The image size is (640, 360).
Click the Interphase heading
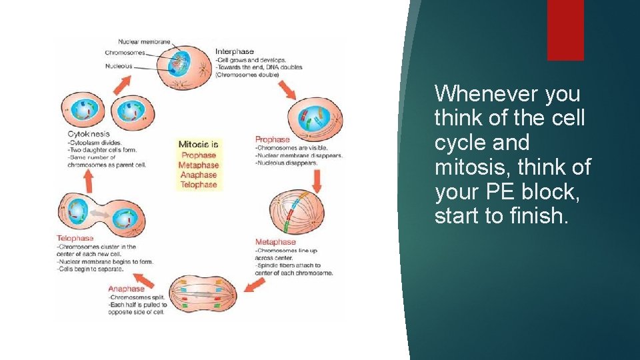coord(235,51)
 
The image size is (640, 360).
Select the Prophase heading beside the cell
coord(272,139)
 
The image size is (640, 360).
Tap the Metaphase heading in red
coord(275,242)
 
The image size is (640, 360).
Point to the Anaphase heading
coord(126,289)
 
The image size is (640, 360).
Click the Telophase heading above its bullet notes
coord(75,238)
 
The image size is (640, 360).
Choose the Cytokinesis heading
coord(89,134)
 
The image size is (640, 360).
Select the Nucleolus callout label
coord(119,66)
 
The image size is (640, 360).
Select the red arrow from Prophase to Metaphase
coord(317,180)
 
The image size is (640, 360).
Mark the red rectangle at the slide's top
coord(565,30)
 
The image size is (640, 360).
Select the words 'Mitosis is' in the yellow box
coord(198,144)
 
